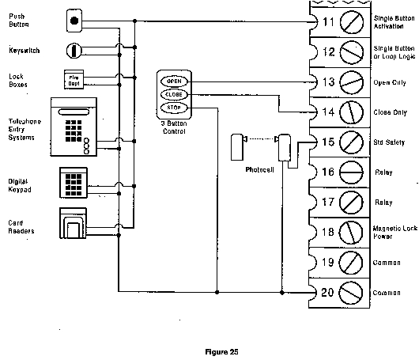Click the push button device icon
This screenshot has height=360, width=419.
pos(74,19)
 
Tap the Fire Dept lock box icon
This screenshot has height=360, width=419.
pos(73,78)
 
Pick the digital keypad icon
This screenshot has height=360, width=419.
pos(74,181)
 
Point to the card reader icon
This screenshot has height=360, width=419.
pos(73,223)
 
